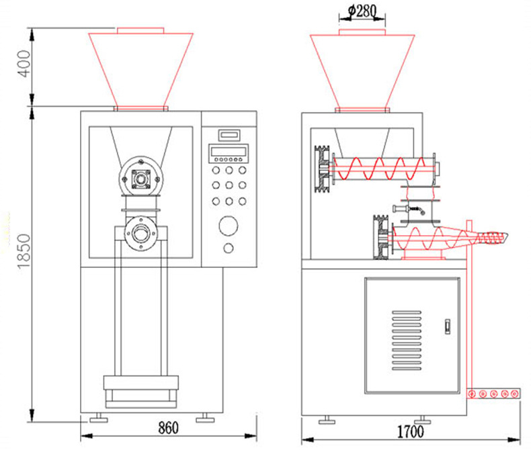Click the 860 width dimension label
pyautogui.click(x=168, y=428)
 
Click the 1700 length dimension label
pyautogui.click(x=410, y=431)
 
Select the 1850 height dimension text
pyautogui.click(x=24, y=251)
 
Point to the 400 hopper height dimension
pyautogui.click(x=24, y=64)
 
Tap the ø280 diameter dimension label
pyautogui.click(x=362, y=11)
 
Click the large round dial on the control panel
pyautogui.click(x=229, y=226)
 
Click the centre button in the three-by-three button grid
pyautogui.click(x=229, y=185)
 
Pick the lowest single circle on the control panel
pyautogui.click(x=229, y=249)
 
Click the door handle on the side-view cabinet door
pyautogui.click(x=448, y=326)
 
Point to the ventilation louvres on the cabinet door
pyautogui.click(x=407, y=341)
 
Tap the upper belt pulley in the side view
pyautogui.click(x=322, y=169)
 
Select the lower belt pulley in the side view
pyautogui.click(x=380, y=237)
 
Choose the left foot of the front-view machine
pyautogui.click(x=99, y=418)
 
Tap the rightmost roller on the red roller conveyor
pyautogui.click(x=514, y=394)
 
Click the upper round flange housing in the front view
pyautogui.click(x=141, y=177)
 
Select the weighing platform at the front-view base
pyautogui.click(x=141, y=392)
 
